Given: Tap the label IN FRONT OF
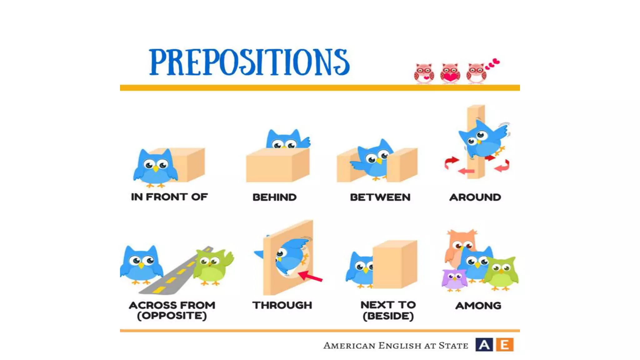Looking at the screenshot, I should click(x=169, y=197).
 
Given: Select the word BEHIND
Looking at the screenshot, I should click(x=274, y=197).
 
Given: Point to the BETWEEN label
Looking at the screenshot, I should click(x=380, y=197).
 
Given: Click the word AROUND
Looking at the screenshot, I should click(x=475, y=197).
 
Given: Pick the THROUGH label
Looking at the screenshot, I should click(x=282, y=305).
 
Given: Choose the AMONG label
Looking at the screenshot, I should click(x=478, y=305).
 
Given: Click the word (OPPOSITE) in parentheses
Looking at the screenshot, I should click(x=172, y=316).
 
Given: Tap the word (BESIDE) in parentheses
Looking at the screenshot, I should click(x=388, y=316).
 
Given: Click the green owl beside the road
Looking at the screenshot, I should click(x=212, y=267).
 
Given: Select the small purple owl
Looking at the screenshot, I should click(x=454, y=279).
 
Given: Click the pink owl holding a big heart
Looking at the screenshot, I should click(x=450, y=73).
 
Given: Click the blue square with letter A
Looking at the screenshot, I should click(x=484, y=345).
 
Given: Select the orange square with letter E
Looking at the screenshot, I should click(x=504, y=345).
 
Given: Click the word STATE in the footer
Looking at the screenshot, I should click(x=453, y=346).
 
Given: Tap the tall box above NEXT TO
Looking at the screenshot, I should click(x=395, y=264).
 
